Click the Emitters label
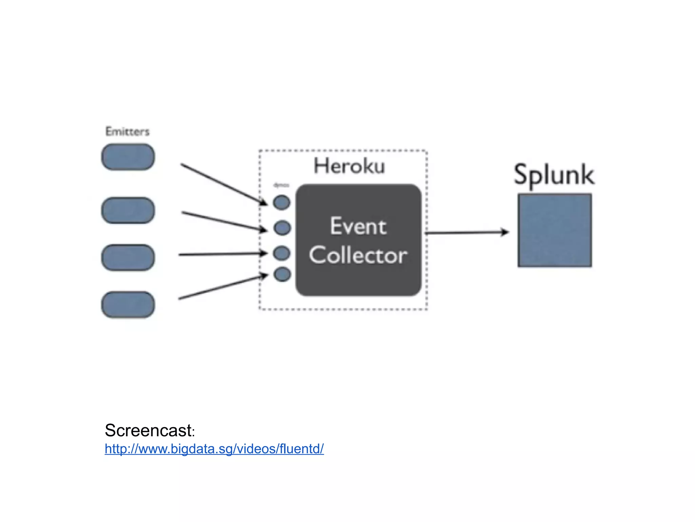pyautogui.click(x=127, y=132)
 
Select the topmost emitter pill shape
pyautogui.click(x=128, y=157)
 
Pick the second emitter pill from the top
pyautogui.click(x=128, y=210)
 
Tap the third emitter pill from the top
pyautogui.click(x=128, y=257)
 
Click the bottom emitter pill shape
pyautogui.click(x=128, y=304)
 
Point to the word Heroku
pyautogui.click(x=349, y=166)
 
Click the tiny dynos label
pyautogui.click(x=281, y=185)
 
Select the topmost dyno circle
pyautogui.click(x=282, y=203)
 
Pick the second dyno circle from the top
pyautogui.click(x=282, y=228)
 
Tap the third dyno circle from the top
pyautogui.click(x=282, y=253)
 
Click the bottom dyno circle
pyautogui.click(x=282, y=274)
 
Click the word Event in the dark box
pyautogui.click(x=358, y=226)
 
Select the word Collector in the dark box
pyautogui.click(x=358, y=255)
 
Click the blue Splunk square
pyautogui.click(x=555, y=230)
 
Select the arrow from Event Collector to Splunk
pyautogui.click(x=467, y=233)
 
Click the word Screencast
pyautogui.click(x=149, y=430)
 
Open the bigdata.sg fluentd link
pyautogui.click(x=214, y=449)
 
